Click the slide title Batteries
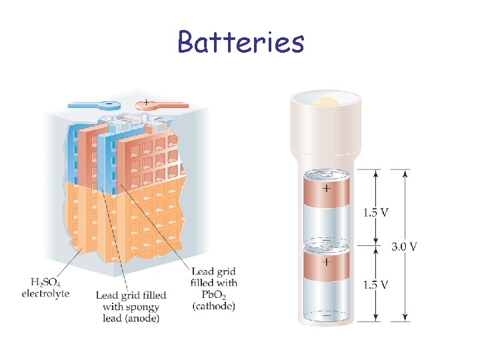[x=241, y=42]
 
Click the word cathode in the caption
[x=213, y=306]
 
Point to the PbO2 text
[x=213, y=295]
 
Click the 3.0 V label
[x=405, y=247]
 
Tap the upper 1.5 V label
[x=376, y=213]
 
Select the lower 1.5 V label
[x=376, y=285]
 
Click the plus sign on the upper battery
[x=326, y=189]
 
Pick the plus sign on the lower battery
[x=326, y=262]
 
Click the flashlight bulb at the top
[x=326, y=103]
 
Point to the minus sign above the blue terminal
[x=107, y=105]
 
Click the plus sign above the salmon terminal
[x=146, y=102]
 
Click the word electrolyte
[x=45, y=293]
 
